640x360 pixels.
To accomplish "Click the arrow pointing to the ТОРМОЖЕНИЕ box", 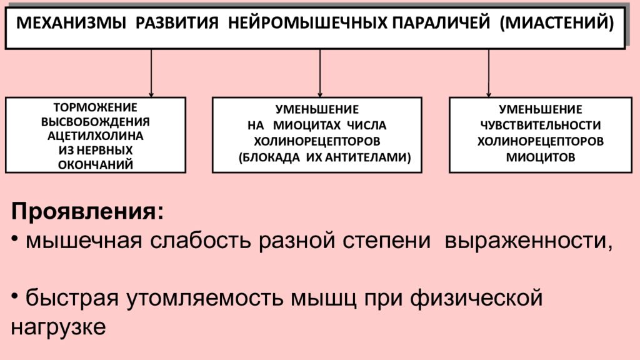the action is (151, 74).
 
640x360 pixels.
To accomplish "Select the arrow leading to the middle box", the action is (320, 74).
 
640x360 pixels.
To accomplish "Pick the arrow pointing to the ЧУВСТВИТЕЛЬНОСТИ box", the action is (489, 74).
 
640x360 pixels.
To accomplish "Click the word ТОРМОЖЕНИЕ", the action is (96, 107).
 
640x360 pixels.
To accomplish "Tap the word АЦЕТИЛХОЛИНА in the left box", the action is (96, 136).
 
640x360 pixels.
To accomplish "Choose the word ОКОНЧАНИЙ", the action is (96, 165).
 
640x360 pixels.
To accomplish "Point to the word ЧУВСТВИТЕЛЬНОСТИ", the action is (541, 125).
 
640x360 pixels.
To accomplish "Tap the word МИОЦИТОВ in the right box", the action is (541, 157).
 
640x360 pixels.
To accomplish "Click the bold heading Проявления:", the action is (87, 211).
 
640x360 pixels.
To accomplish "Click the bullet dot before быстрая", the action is (15, 295).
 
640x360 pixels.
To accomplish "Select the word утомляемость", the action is (204, 298).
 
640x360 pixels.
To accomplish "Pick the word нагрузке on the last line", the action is (58, 327).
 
